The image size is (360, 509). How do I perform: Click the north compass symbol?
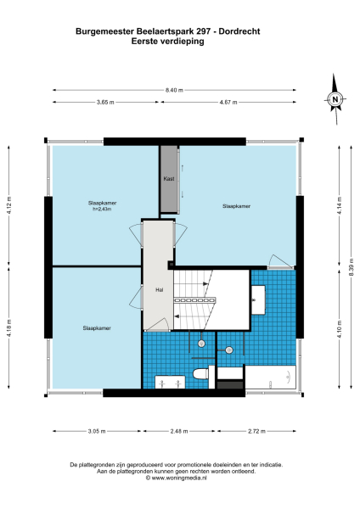point(335,99)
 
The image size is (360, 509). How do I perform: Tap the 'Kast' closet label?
point(169,180)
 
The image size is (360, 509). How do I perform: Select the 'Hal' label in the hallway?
point(159,289)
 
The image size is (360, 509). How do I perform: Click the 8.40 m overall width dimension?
point(173,90)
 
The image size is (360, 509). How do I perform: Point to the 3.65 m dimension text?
point(105,102)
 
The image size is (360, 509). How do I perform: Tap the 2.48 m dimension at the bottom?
point(177,431)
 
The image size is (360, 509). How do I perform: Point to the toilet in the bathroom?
point(201,374)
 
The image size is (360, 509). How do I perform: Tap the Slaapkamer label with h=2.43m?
point(103,206)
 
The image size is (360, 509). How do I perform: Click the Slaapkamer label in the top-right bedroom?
point(236,206)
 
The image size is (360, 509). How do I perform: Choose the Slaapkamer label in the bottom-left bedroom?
point(96,327)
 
